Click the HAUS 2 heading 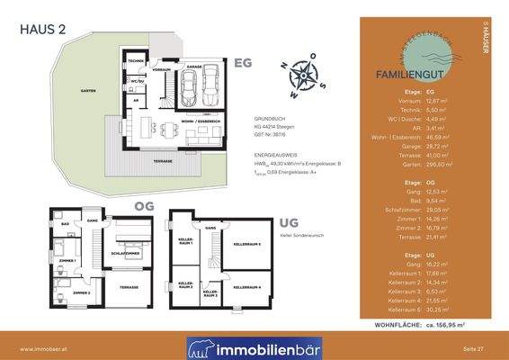point(43,28)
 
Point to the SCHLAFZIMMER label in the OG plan point(125,229)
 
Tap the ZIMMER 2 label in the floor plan point(82,293)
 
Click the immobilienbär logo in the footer point(254,347)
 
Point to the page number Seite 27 point(474,347)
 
